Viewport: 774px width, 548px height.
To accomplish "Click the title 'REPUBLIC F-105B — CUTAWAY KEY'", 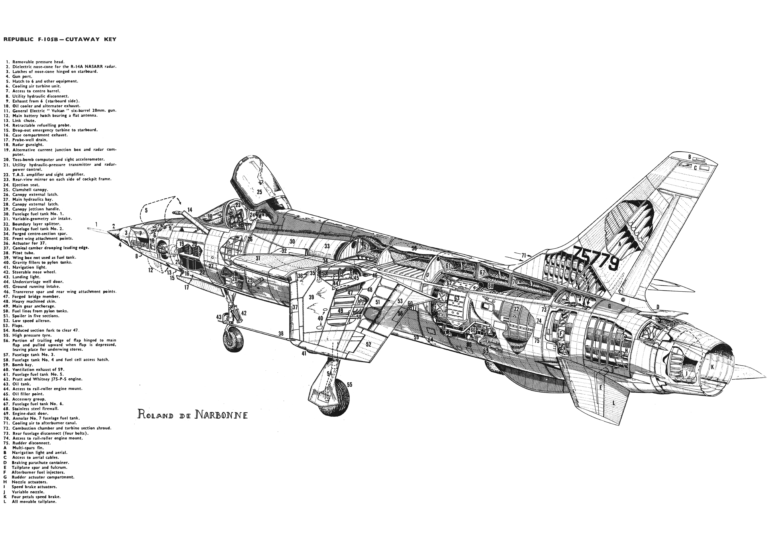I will tap(60, 39).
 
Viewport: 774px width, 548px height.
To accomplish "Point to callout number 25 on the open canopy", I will tap(259, 192).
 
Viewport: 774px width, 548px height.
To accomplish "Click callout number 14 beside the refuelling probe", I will tap(190, 210).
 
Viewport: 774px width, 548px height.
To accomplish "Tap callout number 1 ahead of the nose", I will tap(96, 224).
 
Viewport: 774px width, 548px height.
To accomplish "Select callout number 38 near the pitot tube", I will tap(281, 334).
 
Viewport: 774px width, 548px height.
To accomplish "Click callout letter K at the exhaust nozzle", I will tap(712, 367).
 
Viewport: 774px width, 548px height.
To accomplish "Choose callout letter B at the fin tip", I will tap(690, 157).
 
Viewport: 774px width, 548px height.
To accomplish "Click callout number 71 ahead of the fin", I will tap(524, 255).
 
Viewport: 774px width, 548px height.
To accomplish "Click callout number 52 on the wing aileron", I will tap(368, 344).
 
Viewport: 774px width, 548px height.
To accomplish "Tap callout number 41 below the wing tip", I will tap(304, 353).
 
